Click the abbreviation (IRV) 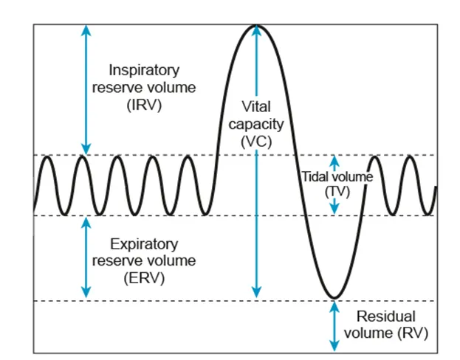pos(144,105)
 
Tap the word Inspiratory pos(144,71)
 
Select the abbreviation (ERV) pos(144,278)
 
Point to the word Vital pos(257,106)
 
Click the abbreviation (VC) pos(257,142)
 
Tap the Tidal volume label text pos(337,177)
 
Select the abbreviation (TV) pos(337,191)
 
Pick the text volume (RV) pos(391,333)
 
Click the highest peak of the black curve pos(256,26)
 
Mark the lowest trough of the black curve pos(334,299)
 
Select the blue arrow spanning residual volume pos(334,325)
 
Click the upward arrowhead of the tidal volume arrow pos(334,160)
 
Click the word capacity pos(257,124)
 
